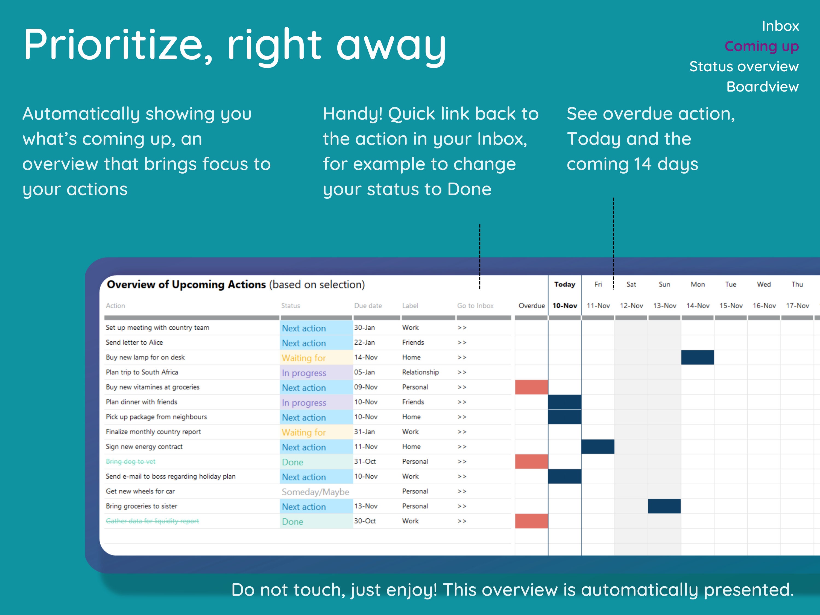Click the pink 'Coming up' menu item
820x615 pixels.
tap(762, 46)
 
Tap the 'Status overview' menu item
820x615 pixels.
tap(744, 67)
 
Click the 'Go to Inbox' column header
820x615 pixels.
tap(475, 306)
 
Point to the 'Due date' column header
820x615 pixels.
tap(368, 306)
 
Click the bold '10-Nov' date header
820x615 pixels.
tap(565, 306)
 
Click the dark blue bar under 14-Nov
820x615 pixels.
tap(697, 357)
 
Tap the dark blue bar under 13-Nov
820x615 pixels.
tap(664, 506)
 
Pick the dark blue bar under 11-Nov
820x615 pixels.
tap(598, 447)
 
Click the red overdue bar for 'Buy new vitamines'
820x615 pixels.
tap(531, 387)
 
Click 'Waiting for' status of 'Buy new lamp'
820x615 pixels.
tap(304, 358)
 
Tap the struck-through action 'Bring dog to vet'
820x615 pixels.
tap(130, 462)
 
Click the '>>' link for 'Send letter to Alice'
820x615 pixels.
tap(462, 342)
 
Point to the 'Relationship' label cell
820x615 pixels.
tap(420, 372)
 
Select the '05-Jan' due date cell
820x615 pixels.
tap(364, 372)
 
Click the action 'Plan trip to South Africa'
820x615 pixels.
tap(142, 372)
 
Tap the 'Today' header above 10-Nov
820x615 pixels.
tap(565, 284)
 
